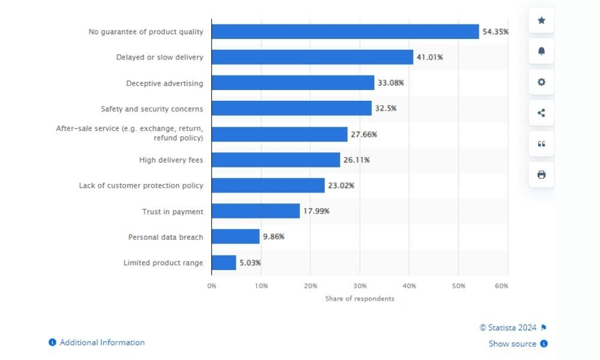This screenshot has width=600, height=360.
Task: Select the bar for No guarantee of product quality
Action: point(345,32)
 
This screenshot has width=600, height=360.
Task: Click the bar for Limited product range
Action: point(224,263)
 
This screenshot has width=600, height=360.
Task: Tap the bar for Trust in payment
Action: point(256,211)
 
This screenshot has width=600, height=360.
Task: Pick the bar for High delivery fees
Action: point(275,160)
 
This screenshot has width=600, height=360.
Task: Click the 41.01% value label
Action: point(430,58)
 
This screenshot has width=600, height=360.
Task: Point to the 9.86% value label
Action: point(274,237)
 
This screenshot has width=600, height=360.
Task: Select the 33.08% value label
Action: point(391,83)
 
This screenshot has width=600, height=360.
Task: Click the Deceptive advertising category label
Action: point(164,83)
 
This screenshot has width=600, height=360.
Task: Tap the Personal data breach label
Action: point(166,237)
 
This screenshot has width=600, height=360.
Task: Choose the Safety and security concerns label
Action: point(152,109)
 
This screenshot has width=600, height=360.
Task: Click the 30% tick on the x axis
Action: point(359,286)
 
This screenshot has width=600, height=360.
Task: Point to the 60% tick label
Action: point(502,286)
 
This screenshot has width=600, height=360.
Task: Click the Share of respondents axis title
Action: point(360,299)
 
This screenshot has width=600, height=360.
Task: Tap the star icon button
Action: point(541,20)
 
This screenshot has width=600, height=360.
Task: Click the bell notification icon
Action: point(541,52)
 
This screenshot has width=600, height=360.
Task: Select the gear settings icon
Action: point(541,82)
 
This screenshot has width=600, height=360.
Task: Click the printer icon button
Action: point(541,175)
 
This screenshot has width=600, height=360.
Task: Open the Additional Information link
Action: point(102,343)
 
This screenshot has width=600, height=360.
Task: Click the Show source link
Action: point(512,344)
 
